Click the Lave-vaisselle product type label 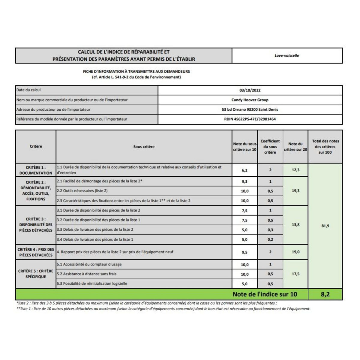[287, 55]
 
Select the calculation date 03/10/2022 [250, 90]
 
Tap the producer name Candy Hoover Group [250, 100]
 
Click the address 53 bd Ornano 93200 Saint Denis [250, 109]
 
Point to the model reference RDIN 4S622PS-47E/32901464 [250, 119]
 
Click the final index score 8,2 [325, 294]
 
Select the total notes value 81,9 [325, 226]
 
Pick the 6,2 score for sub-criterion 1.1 [244, 170]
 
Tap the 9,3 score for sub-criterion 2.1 [244, 181]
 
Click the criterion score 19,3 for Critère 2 [295, 191]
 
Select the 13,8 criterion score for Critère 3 [295, 225]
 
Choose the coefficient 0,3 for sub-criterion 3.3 [270, 230]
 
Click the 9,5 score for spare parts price [244, 252]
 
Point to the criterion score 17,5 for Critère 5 [295, 274]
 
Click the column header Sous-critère [144, 147]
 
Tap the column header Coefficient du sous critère [270, 147]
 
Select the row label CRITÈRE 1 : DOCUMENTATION [36, 170]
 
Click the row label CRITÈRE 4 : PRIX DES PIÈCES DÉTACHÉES [36, 252]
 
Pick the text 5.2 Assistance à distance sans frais [87, 274]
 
